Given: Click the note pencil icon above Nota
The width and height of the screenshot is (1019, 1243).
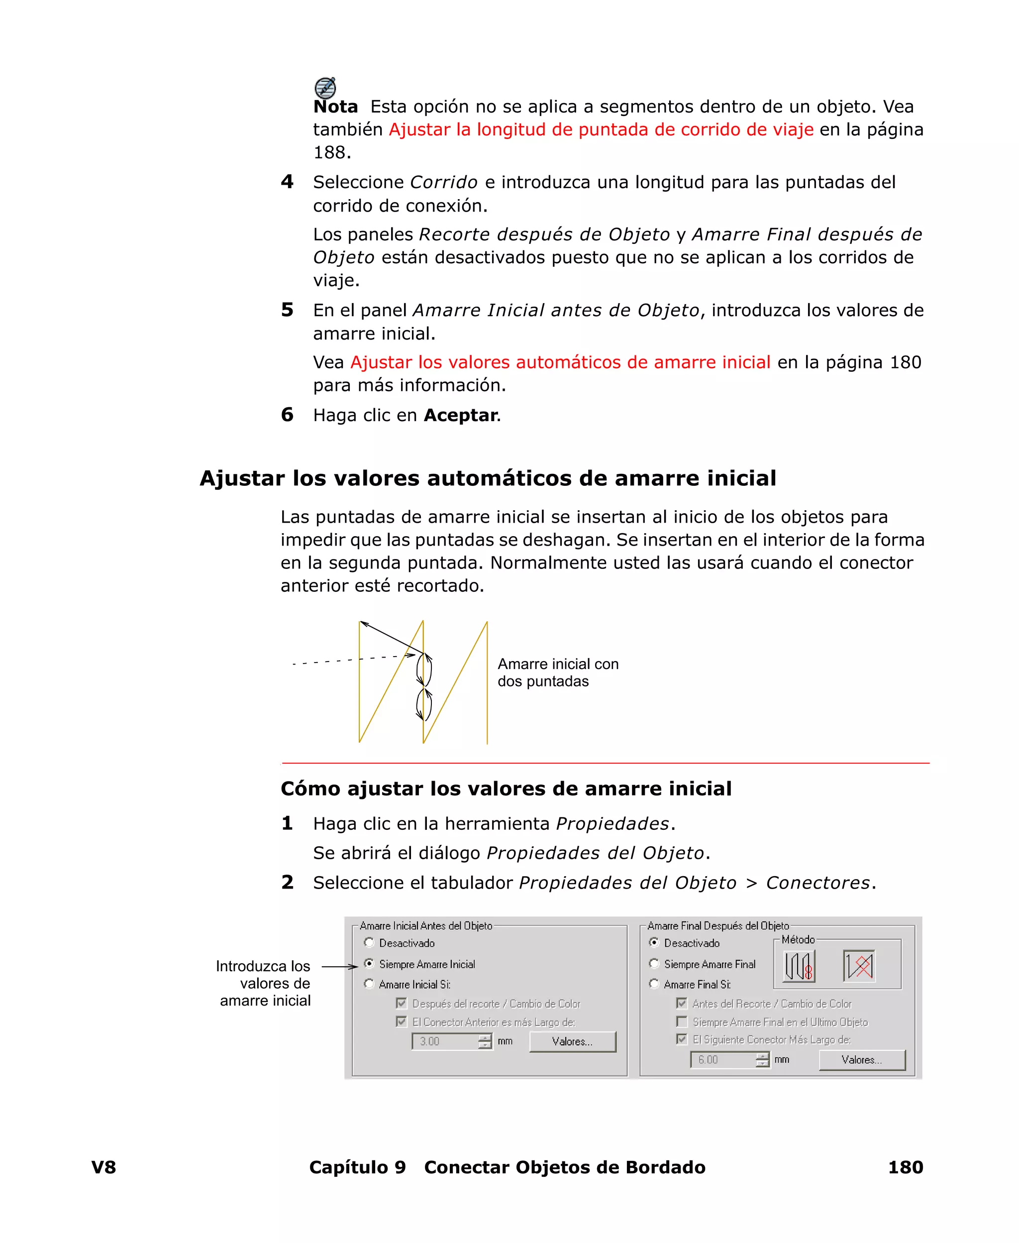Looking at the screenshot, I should click(325, 88).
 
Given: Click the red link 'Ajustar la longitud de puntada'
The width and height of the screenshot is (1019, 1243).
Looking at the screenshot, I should click(601, 129).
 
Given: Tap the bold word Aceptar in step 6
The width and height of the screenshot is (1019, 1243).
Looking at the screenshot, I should click(461, 415).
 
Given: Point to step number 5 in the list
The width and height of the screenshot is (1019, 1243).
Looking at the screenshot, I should click(287, 310).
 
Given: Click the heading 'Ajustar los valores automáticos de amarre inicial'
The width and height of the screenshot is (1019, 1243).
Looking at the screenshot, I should click(488, 478).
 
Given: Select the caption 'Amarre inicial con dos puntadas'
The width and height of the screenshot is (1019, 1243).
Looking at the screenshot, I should click(558, 673).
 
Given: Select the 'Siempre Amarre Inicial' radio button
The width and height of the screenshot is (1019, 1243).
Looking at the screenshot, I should click(369, 964).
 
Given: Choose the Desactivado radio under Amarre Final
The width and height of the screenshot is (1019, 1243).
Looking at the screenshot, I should click(654, 942).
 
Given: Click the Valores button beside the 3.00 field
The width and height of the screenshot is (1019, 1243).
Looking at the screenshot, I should click(572, 1041).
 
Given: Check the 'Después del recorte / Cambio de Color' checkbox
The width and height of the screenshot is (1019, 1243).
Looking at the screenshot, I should click(402, 1003).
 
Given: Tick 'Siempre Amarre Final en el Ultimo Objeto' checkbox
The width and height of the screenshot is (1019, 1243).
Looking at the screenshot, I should click(682, 1021).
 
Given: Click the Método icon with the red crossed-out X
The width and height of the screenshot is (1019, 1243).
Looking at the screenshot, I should click(859, 965).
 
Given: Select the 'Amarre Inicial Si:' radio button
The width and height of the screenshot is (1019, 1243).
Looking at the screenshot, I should click(369, 984).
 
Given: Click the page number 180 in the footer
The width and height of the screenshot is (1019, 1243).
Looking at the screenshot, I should click(905, 1167).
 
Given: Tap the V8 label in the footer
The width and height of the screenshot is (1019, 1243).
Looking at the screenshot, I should click(104, 1167).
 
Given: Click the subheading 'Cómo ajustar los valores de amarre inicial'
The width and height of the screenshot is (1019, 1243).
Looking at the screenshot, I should click(506, 788).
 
